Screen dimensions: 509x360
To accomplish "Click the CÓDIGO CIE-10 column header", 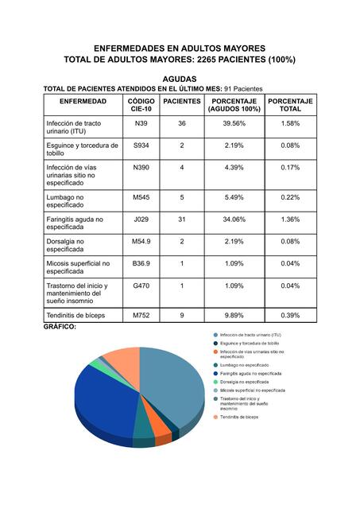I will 141,106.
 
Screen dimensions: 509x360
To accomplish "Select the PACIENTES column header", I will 181,102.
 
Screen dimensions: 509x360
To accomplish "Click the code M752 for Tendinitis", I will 141,316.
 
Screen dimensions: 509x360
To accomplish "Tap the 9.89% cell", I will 234,316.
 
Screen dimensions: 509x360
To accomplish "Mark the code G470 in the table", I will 141,286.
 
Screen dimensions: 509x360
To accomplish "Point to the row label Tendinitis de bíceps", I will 81,316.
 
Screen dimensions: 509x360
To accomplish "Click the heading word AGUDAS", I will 180,79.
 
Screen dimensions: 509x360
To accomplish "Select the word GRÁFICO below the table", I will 60,327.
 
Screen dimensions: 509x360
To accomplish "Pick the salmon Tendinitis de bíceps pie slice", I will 123,363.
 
